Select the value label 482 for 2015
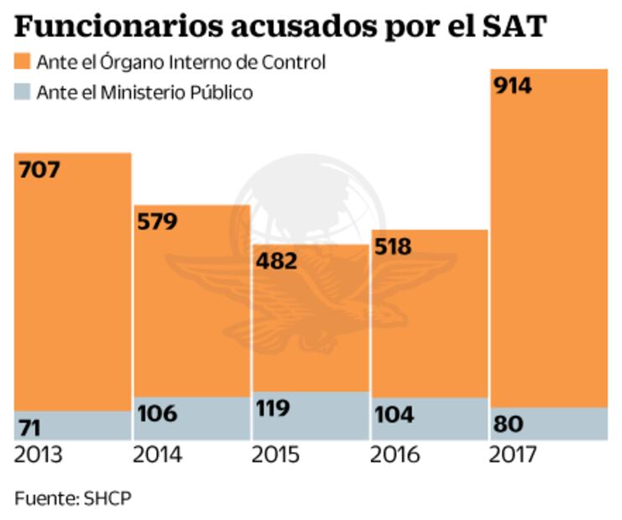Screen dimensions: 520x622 [276, 261]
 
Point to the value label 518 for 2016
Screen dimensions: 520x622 [394, 247]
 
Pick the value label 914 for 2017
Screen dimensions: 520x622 [512, 86]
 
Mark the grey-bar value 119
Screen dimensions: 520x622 [274, 408]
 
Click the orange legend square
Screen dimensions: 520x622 [22, 62]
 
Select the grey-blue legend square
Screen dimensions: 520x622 [22, 92]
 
